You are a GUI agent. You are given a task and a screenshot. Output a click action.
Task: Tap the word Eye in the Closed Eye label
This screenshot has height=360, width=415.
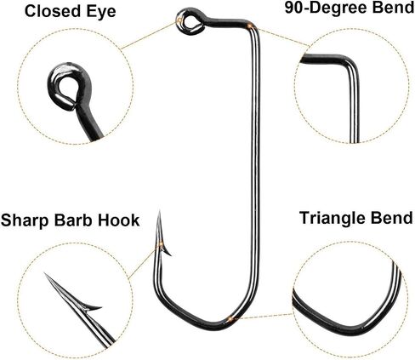tap(100, 12)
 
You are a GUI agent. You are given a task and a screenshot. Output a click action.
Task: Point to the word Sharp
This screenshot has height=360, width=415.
tap(25, 220)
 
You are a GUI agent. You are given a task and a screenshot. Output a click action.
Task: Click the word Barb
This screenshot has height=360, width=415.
tap(73, 220)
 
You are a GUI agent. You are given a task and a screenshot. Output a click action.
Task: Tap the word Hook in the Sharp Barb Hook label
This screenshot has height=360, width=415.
tap(118, 220)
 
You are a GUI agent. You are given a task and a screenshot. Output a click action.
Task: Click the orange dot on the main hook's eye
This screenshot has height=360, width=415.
tap(179, 20)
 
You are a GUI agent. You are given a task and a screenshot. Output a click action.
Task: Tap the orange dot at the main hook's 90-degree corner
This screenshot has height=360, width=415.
tap(249, 26)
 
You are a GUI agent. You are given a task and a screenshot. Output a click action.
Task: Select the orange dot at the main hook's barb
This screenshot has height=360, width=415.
tap(161, 243)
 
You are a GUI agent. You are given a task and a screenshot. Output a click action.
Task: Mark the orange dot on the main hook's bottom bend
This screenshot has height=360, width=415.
tap(230, 319)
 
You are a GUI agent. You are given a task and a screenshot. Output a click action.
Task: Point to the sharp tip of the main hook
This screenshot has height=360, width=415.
tap(160, 211)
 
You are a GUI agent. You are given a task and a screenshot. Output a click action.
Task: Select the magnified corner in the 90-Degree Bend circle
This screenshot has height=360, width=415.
tap(351, 61)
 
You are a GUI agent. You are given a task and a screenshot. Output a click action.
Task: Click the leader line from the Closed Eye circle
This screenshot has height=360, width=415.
tap(149, 36)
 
